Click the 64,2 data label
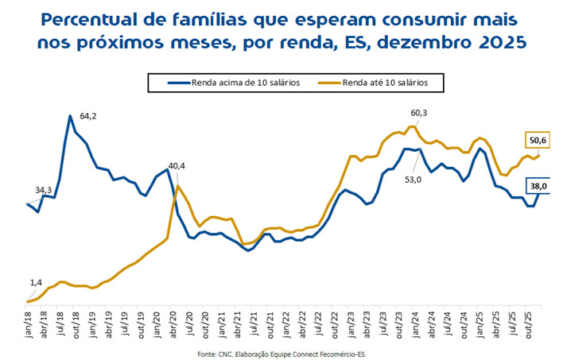pyautogui.click(x=88, y=116)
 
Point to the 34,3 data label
pyautogui.click(x=44, y=190)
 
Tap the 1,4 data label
pyautogui.click(x=36, y=282)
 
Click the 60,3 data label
pyautogui.click(x=418, y=114)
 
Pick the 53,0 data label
pyautogui.click(x=414, y=180)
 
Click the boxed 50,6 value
pyautogui.click(x=537, y=141)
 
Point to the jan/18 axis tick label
pyautogui.click(x=29, y=323)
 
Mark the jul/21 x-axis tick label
pyautogui.click(x=255, y=323)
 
